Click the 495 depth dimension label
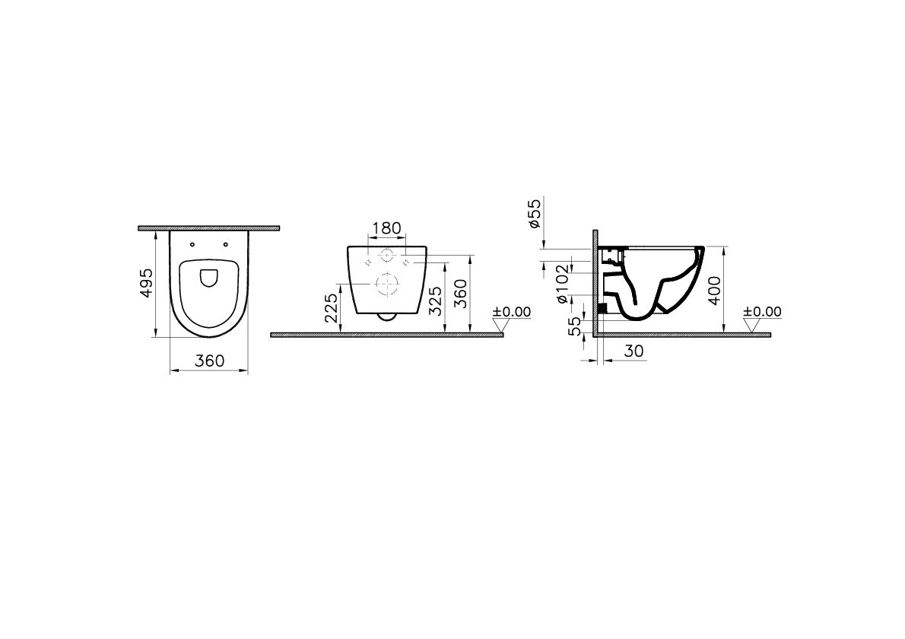pos(148,282)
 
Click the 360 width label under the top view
pos(209,361)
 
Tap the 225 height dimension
pos(332,309)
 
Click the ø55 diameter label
pos(535,214)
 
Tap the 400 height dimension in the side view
pos(713,290)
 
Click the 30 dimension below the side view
pos(633,351)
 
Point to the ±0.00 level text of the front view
pos(511,312)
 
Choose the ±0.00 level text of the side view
pos(762,312)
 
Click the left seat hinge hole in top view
pos(192,245)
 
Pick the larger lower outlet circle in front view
pos(386,285)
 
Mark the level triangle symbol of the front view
pos(500,326)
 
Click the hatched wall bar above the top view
pos(209,227)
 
